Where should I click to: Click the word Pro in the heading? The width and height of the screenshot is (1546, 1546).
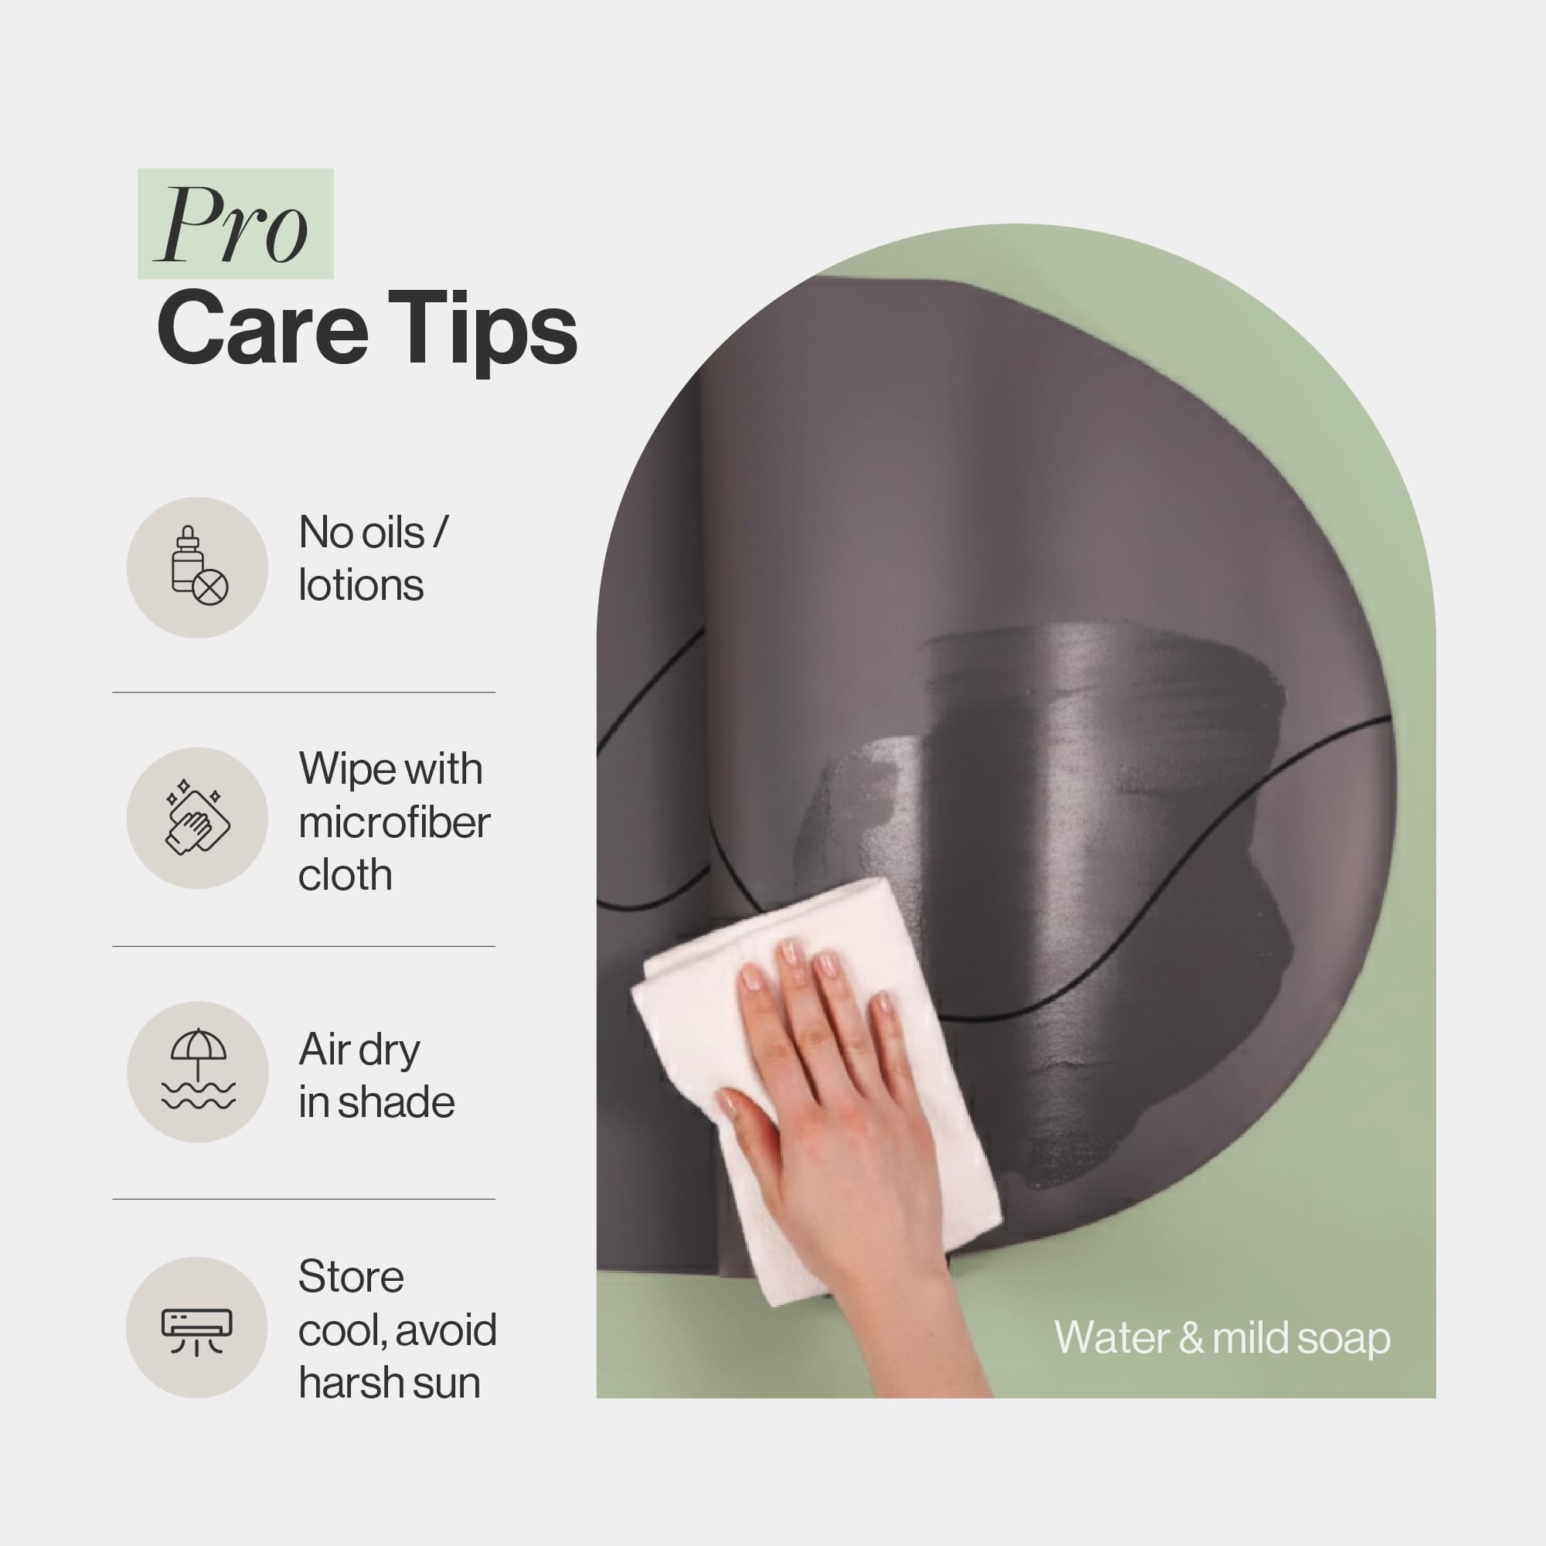pos(233,225)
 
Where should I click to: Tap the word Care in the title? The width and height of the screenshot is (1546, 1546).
pos(263,329)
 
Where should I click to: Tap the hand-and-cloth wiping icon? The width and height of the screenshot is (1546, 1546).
pos(198,817)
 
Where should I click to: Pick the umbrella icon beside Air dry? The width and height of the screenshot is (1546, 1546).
pos(198,1070)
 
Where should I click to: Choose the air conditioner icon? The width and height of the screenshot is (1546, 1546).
pos(197,1333)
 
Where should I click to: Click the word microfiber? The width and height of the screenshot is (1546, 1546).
pos(393,822)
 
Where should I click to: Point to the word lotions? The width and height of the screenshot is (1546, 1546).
pos(361,585)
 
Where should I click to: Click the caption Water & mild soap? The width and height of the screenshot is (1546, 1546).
pos(1222,1338)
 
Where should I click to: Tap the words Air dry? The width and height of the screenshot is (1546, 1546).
pos(359,1051)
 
